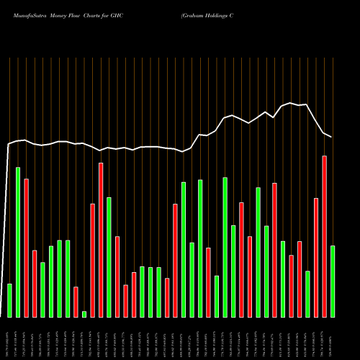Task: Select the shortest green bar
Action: pyautogui.click(x=84, y=314)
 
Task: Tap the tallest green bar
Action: pyautogui.click(x=18, y=242)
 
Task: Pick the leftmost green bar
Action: pyautogui.click(x=9, y=300)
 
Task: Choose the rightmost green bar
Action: pyautogui.click(x=333, y=281)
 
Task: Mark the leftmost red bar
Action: pyautogui.click(x=27, y=248)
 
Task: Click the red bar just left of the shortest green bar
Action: pyautogui.click(x=76, y=302)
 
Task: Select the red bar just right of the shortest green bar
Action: pyautogui.click(x=92, y=260)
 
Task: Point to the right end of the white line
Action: pyautogui.click(x=332, y=137)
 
